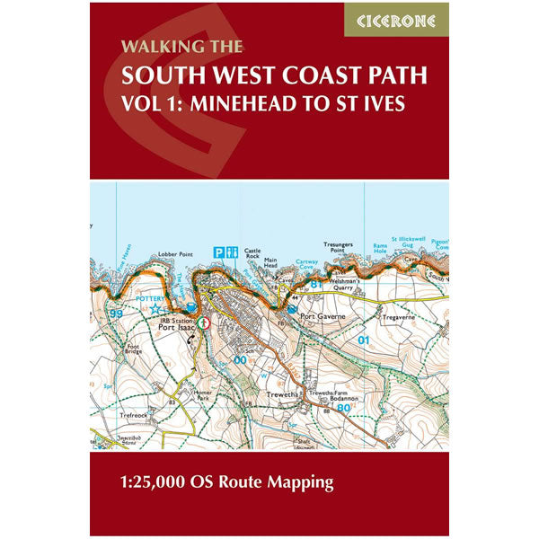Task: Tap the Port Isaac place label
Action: coord(176,328)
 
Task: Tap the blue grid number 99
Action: coord(114,313)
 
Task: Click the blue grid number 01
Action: coord(363,340)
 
